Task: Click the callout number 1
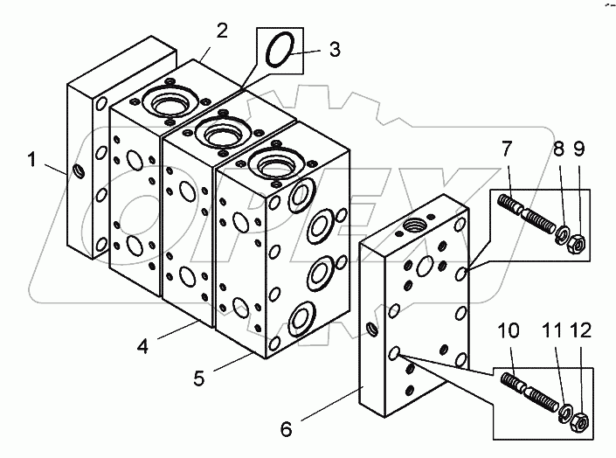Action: click(x=31, y=160)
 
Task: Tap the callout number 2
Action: click(x=222, y=31)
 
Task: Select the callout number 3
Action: click(x=335, y=50)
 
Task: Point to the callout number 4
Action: click(x=143, y=346)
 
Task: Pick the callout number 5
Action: click(x=199, y=378)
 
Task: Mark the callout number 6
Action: click(x=287, y=429)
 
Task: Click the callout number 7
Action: click(x=507, y=149)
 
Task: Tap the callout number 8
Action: click(x=558, y=149)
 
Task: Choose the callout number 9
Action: click(x=579, y=149)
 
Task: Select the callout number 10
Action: click(x=509, y=330)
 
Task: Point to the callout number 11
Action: click(x=553, y=330)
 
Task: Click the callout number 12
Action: click(x=581, y=330)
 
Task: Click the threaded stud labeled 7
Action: click(x=526, y=214)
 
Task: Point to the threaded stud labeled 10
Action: click(x=530, y=392)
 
